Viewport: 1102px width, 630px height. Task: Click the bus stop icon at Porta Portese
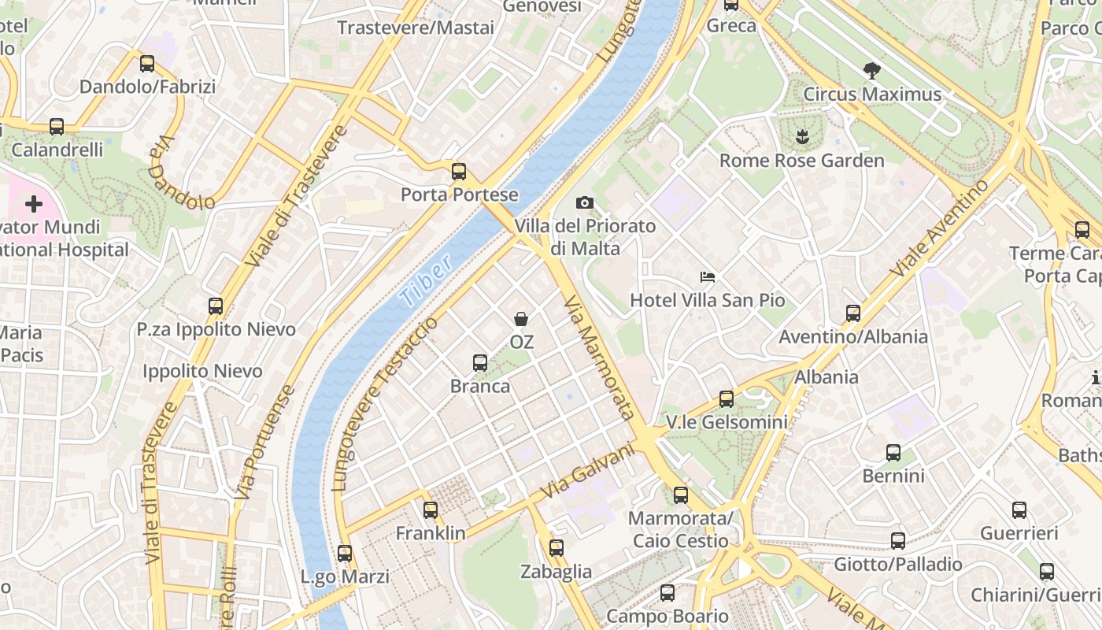(x=459, y=171)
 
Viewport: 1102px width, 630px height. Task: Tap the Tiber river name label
(x=426, y=280)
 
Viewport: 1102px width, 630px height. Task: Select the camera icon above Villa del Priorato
(x=584, y=203)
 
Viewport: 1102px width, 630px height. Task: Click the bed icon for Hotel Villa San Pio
(x=708, y=277)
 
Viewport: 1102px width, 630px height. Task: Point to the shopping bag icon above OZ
(x=521, y=319)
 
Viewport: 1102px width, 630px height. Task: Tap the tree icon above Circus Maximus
(x=871, y=71)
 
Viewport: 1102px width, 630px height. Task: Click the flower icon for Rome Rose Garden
(x=802, y=138)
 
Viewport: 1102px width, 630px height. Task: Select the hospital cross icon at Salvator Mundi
(x=33, y=205)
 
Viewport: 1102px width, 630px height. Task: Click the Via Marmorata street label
(x=600, y=358)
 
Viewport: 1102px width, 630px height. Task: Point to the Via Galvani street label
(x=588, y=471)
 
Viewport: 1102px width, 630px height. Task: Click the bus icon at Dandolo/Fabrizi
(x=147, y=64)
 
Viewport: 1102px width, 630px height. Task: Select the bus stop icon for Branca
(x=480, y=363)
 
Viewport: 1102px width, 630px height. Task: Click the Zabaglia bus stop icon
(x=557, y=547)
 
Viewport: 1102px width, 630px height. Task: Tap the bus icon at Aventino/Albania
(x=853, y=313)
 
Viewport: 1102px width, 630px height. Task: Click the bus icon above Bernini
(x=893, y=453)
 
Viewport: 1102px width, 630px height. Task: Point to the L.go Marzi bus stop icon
(x=345, y=554)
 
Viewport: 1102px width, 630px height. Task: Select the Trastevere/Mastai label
(x=416, y=28)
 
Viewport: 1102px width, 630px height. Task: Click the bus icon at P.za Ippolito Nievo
(x=216, y=306)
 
